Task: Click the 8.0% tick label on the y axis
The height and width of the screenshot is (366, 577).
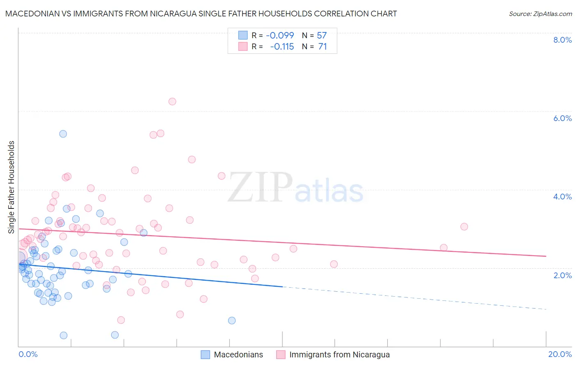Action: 562,40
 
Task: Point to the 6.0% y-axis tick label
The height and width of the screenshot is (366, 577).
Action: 562,118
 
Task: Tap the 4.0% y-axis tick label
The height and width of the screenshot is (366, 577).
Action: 562,197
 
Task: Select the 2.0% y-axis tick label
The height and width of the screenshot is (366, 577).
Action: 562,275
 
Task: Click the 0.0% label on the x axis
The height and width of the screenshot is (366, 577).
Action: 28,354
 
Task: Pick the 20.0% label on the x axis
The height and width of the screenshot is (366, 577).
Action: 560,354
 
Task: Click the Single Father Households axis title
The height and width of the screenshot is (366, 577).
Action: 11,187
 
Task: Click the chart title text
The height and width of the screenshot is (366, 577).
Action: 201,14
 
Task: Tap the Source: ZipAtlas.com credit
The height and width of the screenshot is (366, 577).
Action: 540,14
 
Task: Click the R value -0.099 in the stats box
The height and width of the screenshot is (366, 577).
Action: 280,35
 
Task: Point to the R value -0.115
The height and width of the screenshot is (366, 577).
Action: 282,46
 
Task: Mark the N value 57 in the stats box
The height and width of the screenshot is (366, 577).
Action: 322,35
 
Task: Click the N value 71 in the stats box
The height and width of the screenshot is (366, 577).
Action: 323,46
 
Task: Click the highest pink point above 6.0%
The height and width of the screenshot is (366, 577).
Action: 172,101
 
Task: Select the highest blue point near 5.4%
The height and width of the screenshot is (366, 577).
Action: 63,134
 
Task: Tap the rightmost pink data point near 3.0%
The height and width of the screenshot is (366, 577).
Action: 464,226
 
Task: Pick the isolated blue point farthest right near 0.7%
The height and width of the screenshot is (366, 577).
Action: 232,320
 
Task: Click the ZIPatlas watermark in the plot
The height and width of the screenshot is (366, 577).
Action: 295,188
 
